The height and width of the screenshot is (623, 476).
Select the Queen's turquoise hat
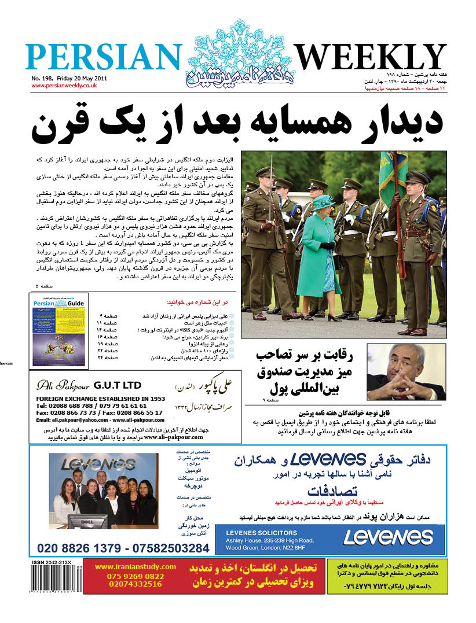[323, 201]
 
